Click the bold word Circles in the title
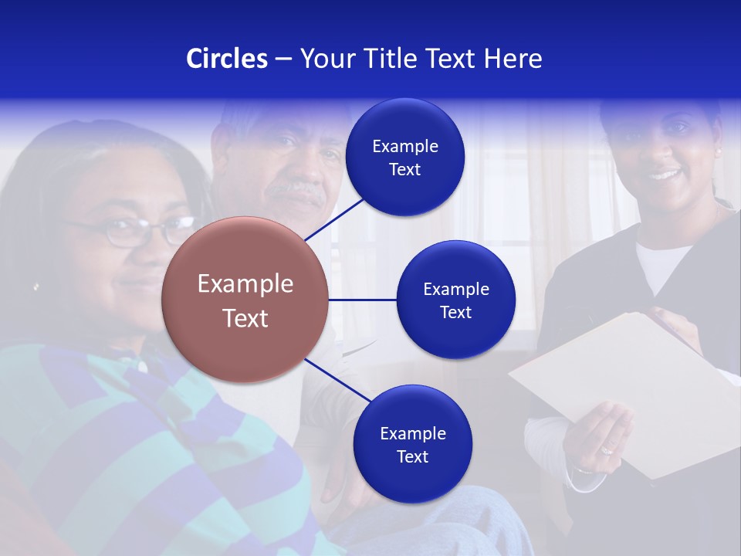pyautogui.click(x=226, y=59)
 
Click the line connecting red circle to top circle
pyautogui.click(x=333, y=219)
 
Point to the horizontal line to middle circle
pyautogui.click(x=363, y=300)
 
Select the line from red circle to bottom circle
pyautogui.click(x=337, y=381)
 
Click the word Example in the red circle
pyautogui.click(x=245, y=283)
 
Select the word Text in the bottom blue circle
pyautogui.click(x=412, y=456)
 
